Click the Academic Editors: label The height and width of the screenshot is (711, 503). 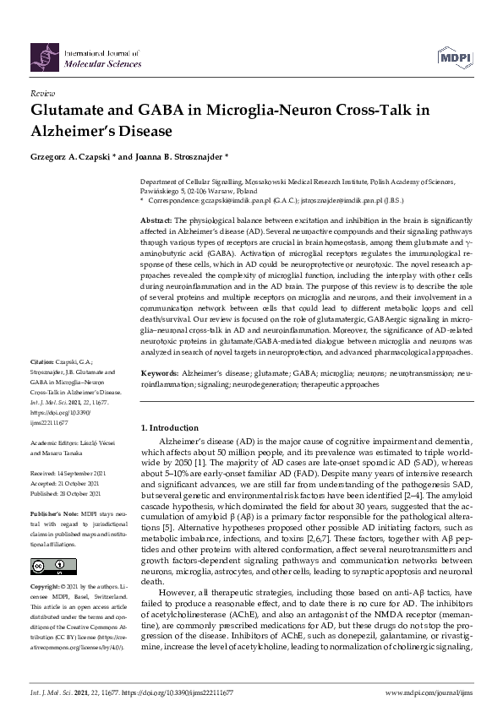[x=57, y=442]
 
